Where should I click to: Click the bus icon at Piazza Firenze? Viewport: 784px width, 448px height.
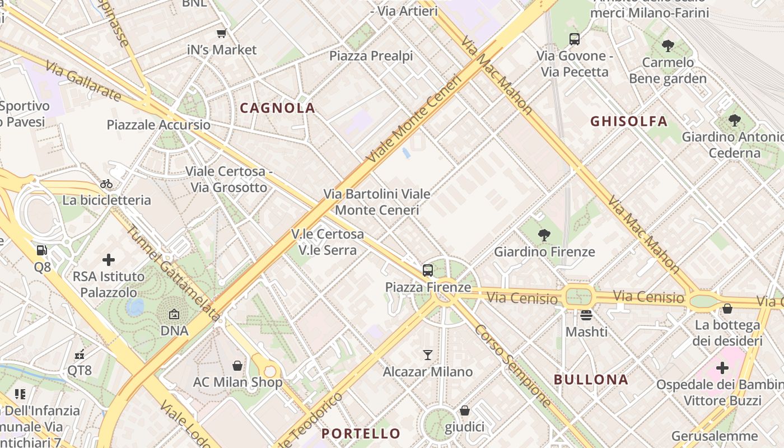click(428, 270)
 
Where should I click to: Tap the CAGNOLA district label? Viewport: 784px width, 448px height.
click(278, 108)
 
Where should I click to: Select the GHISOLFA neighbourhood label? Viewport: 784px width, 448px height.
click(629, 121)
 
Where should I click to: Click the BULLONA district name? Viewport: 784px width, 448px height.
click(591, 379)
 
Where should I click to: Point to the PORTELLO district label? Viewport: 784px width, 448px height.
click(361, 433)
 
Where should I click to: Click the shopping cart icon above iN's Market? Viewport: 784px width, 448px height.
click(222, 33)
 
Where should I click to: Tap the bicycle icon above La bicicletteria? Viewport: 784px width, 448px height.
click(106, 184)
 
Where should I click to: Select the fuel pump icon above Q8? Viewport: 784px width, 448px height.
click(42, 250)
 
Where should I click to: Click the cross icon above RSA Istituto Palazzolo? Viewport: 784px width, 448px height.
click(109, 260)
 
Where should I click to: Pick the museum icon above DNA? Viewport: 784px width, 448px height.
click(174, 314)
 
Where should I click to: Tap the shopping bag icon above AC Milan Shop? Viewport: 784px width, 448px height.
click(237, 366)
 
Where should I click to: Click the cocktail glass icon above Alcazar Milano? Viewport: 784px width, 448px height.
click(428, 355)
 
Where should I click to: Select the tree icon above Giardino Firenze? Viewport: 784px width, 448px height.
click(544, 235)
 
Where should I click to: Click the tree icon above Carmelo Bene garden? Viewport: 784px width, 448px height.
click(668, 45)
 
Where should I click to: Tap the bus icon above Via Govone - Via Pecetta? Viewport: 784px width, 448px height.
click(574, 39)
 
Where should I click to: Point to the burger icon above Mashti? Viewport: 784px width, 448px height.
click(586, 315)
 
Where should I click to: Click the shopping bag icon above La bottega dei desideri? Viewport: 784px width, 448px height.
click(727, 309)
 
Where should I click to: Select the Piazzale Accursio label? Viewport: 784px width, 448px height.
click(158, 125)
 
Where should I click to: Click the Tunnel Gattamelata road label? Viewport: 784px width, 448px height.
click(172, 273)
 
